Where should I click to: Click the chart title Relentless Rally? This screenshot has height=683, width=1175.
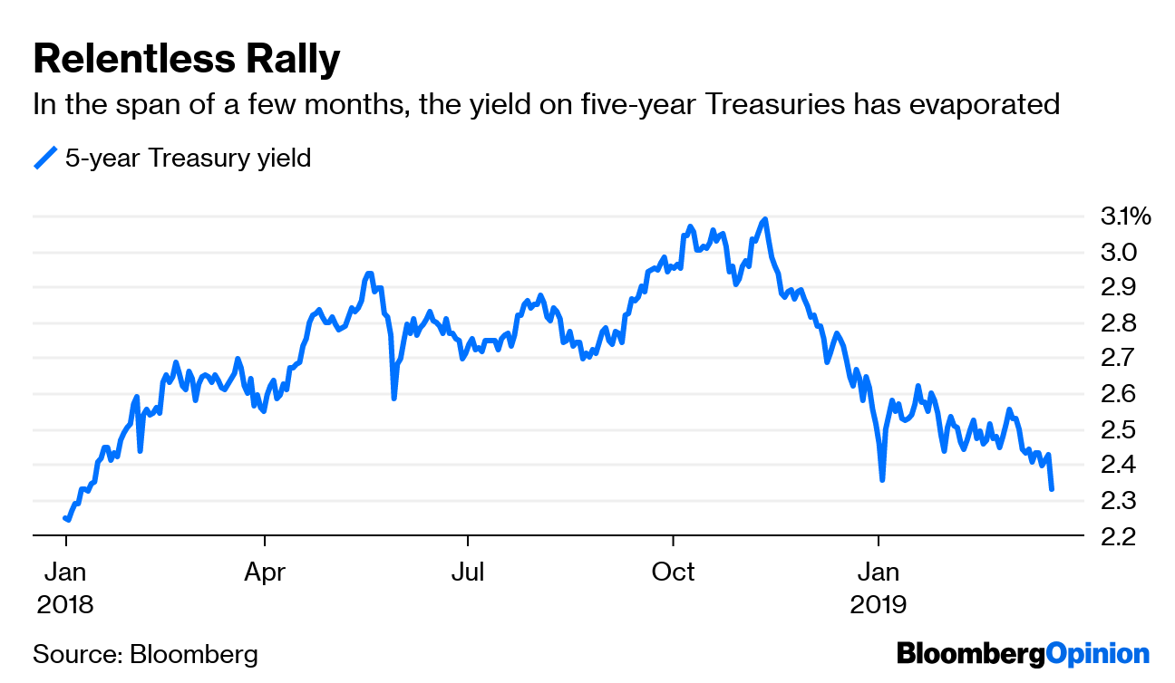186,60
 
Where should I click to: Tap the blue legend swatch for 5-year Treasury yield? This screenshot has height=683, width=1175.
45,159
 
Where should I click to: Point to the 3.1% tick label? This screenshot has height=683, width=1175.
1125,216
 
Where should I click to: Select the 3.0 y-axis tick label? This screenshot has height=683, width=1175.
1118,252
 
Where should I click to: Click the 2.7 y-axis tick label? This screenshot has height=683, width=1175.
1118,358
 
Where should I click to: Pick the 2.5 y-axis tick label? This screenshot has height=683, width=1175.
1118,429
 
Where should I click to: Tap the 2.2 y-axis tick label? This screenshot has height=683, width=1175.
1118,536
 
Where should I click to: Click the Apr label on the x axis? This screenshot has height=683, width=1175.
264,572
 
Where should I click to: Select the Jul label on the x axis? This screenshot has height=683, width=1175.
468,572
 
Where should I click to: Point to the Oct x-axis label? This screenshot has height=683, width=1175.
673,572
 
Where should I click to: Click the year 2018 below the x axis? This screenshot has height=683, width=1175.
65,604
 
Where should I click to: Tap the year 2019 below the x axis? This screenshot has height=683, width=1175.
878,604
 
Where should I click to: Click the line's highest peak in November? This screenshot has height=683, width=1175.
766,219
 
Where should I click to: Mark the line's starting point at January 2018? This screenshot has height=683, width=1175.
65,518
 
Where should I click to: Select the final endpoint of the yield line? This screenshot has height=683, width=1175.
1052,489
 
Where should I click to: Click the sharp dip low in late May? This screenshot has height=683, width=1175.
393,398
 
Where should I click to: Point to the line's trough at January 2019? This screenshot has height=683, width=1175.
881,479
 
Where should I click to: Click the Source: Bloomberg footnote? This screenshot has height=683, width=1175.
145,654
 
